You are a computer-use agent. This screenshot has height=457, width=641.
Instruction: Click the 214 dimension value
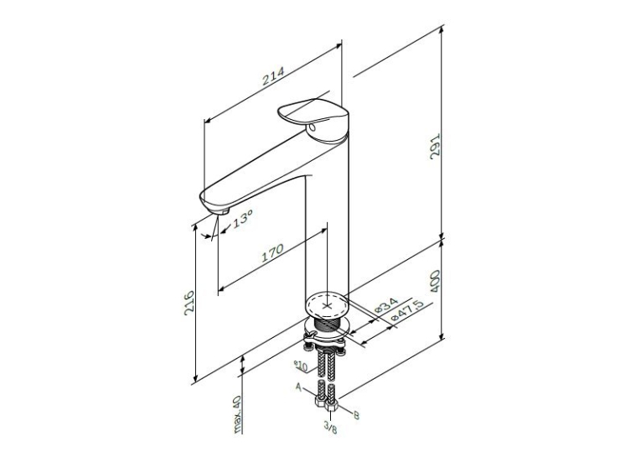[273, 76]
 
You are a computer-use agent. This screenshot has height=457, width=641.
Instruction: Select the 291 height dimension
[436, 146]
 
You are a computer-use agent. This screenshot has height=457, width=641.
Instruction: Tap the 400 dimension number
[436, 281]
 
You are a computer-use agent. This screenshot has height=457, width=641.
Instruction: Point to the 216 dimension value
[189, 303]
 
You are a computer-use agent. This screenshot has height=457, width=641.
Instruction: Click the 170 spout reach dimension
[272, 252]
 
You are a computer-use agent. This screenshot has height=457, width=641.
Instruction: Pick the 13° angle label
[243, 220]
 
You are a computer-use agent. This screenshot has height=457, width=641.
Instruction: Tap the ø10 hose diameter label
[301, 366]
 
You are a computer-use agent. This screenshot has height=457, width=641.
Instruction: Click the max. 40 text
[237, 414]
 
